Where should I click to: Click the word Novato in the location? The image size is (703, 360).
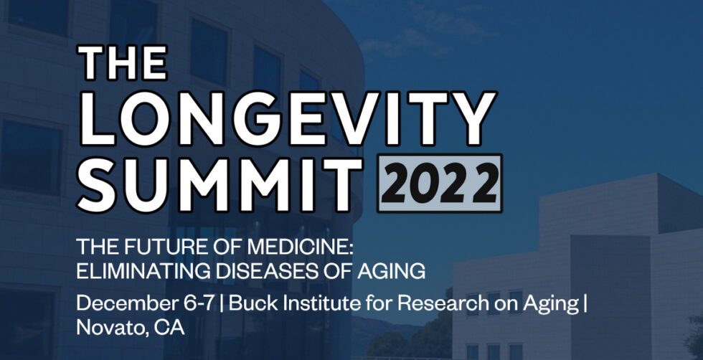[x=108, y=328]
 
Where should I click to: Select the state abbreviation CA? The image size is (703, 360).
[x=169, y=328]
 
